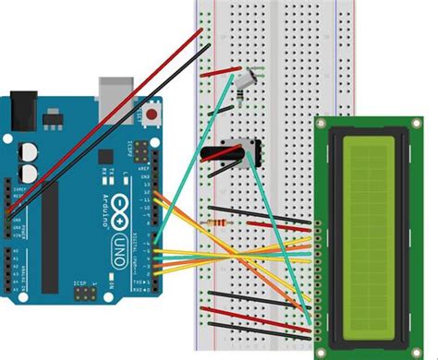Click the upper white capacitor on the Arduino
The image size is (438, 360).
click(30, 150)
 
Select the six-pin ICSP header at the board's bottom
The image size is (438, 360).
click(83, 294)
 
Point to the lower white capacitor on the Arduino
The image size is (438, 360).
click(30, 173)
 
